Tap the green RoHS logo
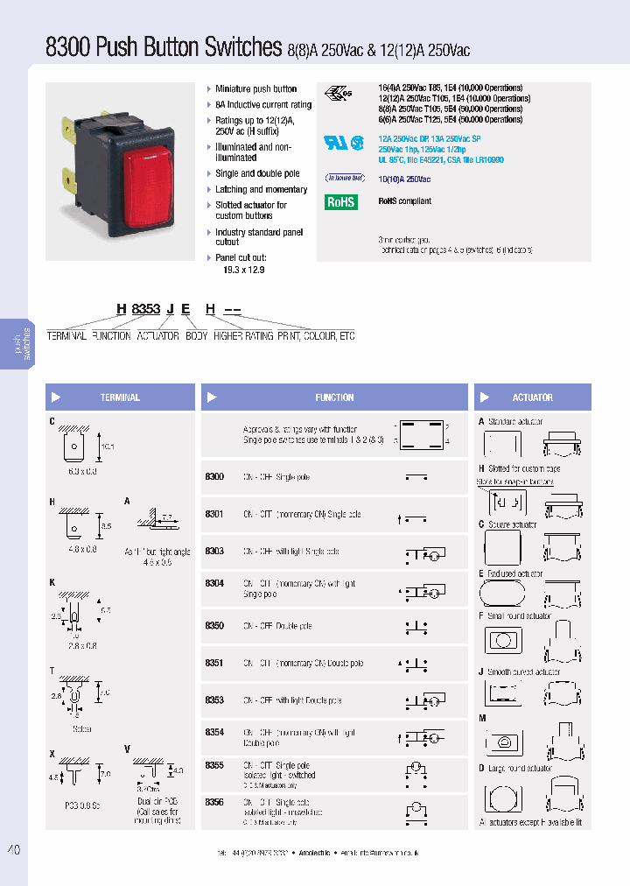tap(341, 201)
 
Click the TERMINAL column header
tap(120, 397)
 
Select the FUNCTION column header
tap(334, 397)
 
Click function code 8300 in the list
tap(214, 477)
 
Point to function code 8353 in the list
tap(214, 700)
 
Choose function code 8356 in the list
tap(214, 802)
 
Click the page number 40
tap(13, 850)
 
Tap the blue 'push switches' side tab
tap(20, 343)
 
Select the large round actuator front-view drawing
tap(503, 799)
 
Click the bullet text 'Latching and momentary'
tap(261, 189)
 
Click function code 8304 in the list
tap(214, 583)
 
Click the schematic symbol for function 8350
tap(416, 627)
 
